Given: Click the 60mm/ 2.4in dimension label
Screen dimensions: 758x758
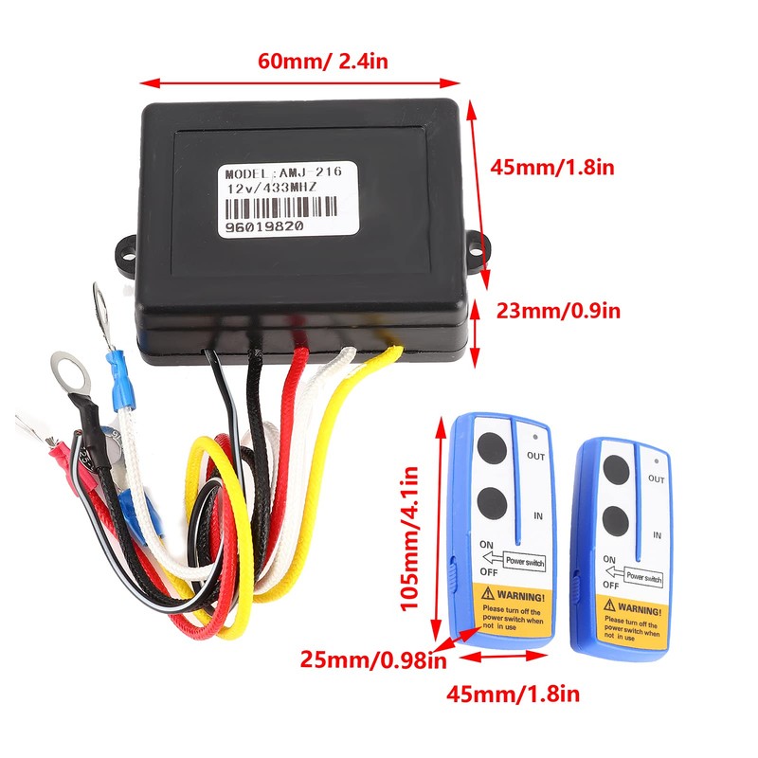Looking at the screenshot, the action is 322,63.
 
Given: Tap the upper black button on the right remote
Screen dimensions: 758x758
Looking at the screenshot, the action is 617,469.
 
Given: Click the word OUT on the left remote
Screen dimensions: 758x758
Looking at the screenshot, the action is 536,457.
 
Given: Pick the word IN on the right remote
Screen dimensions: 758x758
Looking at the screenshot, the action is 657,535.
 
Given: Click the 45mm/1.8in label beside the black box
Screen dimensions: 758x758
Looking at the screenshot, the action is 553,168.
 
